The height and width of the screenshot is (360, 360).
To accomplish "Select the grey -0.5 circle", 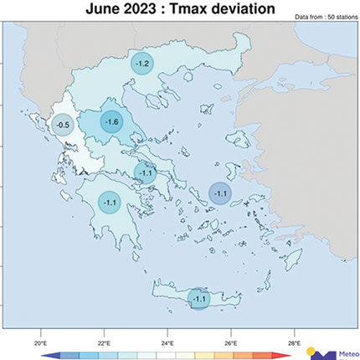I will tap(62, 126).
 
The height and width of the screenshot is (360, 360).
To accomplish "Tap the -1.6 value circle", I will tap(112, 122).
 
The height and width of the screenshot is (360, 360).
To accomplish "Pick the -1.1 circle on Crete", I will tap(199, 298).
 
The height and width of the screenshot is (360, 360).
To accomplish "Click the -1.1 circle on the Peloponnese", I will tap(110, 202).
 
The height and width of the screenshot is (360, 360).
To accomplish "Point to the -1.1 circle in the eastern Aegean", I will tap(220, 193).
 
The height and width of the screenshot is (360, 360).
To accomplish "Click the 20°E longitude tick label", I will tap(39, 343).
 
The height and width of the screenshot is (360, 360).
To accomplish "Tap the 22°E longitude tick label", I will tap(103, 343).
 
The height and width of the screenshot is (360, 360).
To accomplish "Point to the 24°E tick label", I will tap(167, 343).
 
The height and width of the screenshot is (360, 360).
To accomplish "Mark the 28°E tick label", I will tap(294, 343).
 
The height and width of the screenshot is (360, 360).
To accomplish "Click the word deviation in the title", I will tap(248, 8).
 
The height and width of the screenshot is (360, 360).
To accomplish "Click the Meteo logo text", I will tap(346, 353).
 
